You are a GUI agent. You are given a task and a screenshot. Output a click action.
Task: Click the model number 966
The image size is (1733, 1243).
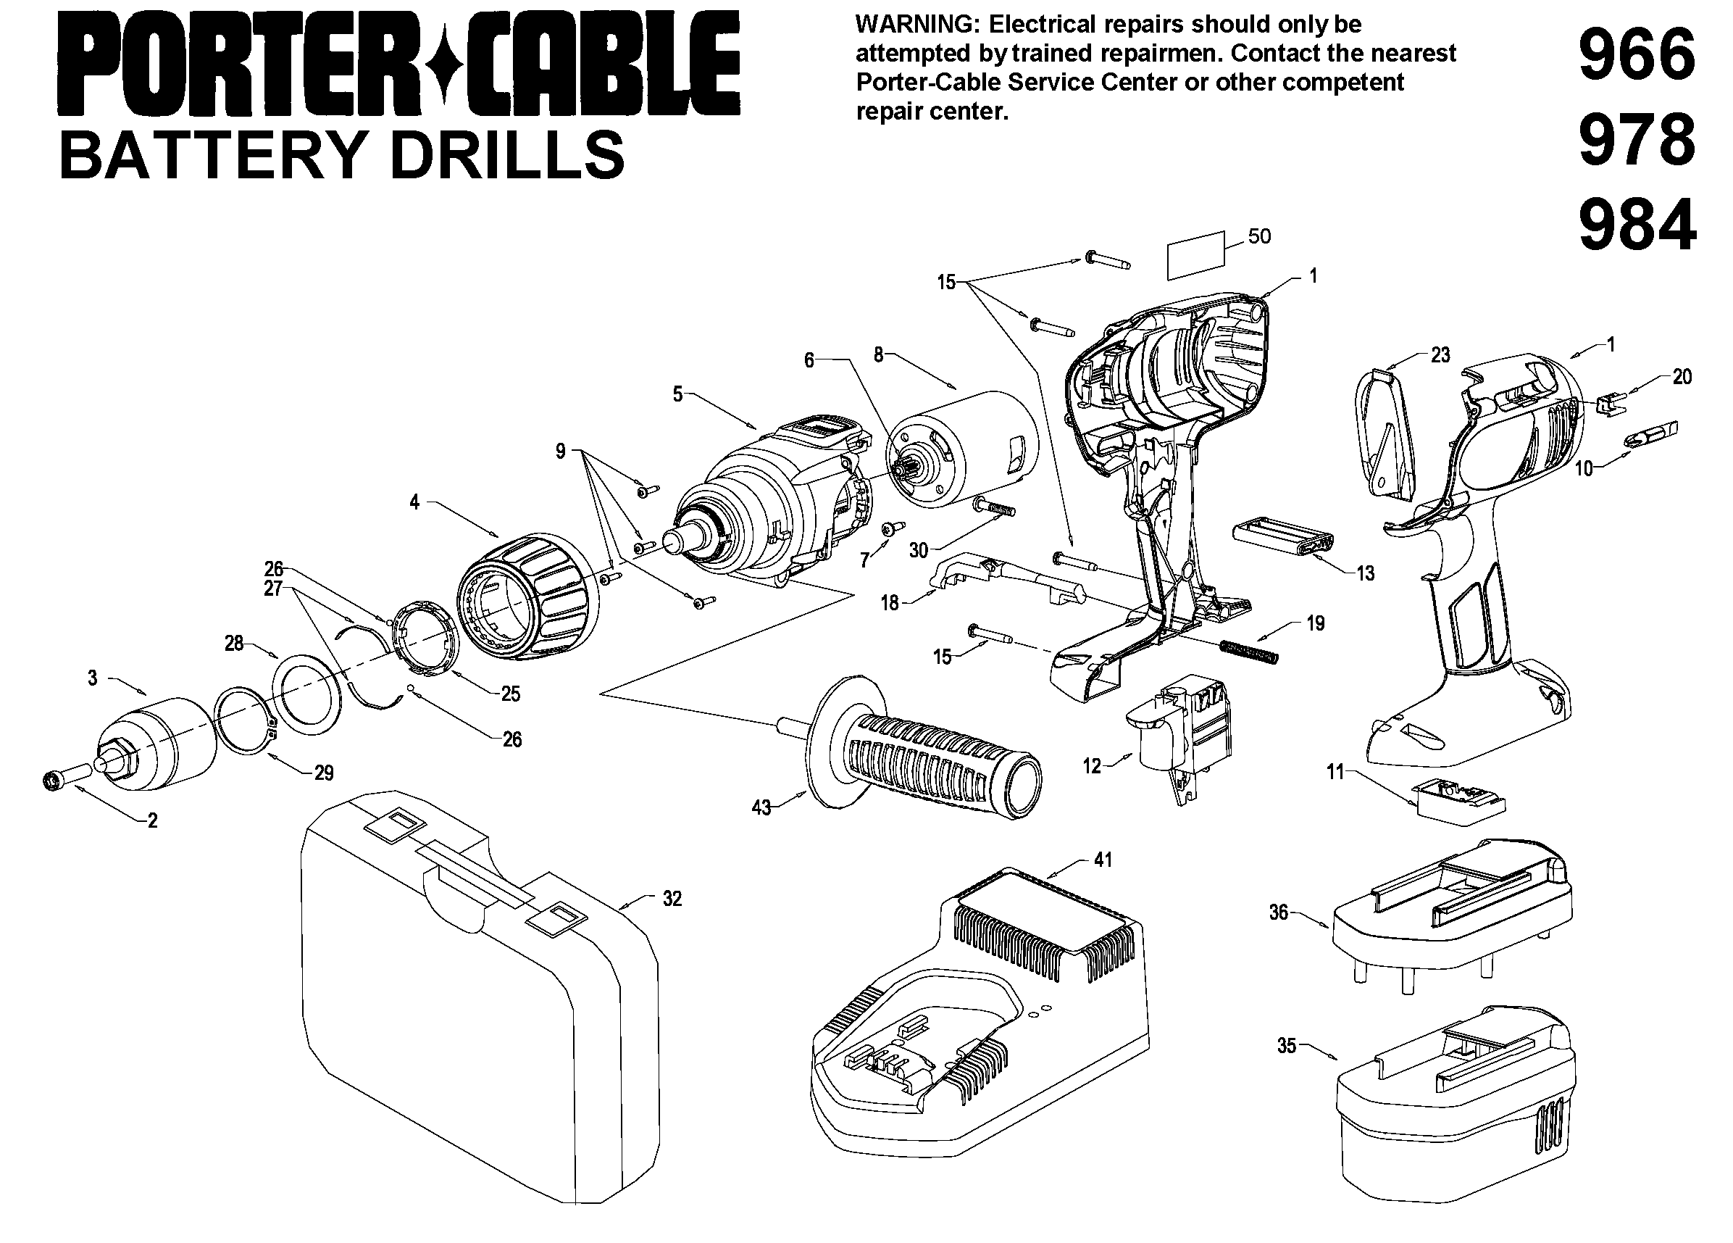point(1636,55)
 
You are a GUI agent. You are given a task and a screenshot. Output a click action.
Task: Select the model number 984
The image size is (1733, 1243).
point(1637,225)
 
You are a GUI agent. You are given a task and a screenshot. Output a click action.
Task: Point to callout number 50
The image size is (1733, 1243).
point(1259,236)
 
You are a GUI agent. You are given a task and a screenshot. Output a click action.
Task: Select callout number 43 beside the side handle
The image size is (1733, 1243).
point(761,808)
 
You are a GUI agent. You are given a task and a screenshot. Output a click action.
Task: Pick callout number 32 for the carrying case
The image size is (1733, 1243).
point(672,899)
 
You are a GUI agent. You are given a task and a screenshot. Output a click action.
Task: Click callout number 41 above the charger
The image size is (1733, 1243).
point(1103,860)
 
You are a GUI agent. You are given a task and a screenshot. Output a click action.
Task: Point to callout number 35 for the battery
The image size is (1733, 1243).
point(1287,1046)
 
